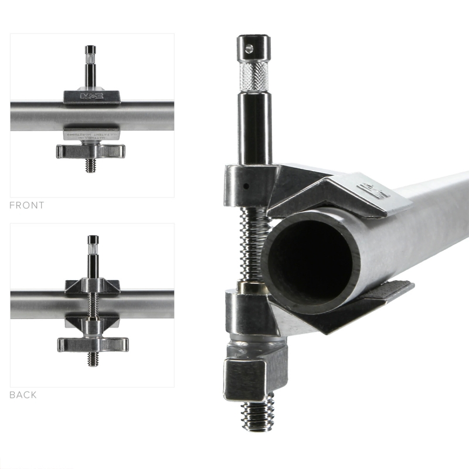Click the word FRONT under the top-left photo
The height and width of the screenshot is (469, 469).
click(x=27, y=206)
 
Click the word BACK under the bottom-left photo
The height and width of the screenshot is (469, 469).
click(x=23, y=395)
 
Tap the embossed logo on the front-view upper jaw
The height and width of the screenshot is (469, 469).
click(x=91, y=96)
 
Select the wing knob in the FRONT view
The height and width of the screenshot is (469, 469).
click(x=91, y=151)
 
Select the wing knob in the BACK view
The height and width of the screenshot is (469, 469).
click(x=93, y=344)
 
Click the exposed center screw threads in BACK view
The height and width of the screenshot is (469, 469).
click(x=93, y=305)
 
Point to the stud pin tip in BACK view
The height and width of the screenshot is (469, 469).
click(x=93, y=240)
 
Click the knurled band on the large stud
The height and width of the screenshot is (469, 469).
click(x=254, y=74)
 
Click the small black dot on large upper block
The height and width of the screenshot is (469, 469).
click(x=247, y=186)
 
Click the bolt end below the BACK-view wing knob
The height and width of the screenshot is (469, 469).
click(x=93, y=359)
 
